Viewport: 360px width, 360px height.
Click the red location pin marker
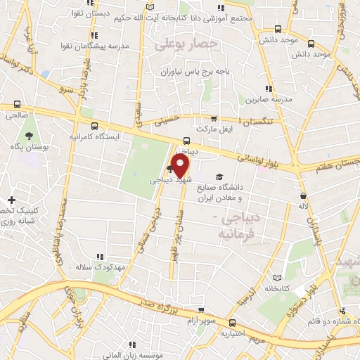click(x=181, y=166)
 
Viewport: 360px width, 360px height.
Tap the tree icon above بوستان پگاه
click(x=29, y=134)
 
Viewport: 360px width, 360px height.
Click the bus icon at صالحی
click(x=17, y=105)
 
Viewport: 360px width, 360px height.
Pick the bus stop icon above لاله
click(x=303, y=195)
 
